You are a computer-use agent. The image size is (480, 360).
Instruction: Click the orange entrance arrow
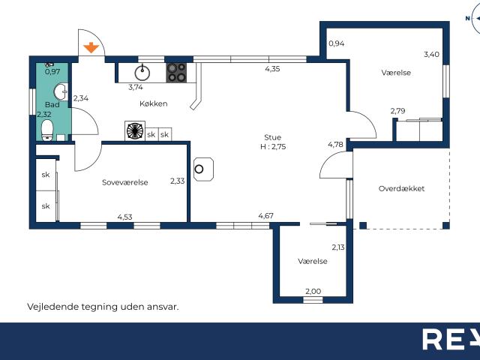click(91, 49)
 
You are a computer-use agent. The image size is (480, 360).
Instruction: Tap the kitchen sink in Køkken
click(142, 72)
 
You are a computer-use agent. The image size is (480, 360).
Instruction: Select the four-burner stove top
click(177, 72)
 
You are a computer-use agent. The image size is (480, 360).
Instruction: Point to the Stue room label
click(272, 136)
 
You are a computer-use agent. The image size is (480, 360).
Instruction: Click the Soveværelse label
click(124, 182)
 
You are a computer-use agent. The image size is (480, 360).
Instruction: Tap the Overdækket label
click(401, 188)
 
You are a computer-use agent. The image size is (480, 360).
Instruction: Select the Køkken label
click(153, 103)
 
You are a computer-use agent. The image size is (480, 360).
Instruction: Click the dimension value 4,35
click(273, 69)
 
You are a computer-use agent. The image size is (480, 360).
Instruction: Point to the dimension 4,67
click(265, 216)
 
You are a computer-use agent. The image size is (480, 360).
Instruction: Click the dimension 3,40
click(431, 54)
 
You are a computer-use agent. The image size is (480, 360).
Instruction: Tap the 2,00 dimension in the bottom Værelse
click(312, 291)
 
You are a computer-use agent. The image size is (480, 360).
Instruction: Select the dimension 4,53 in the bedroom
click(125, 217)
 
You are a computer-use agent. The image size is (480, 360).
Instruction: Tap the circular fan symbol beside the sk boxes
click(134, 131)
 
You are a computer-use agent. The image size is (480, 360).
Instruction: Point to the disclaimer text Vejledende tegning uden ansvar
click(103, 307)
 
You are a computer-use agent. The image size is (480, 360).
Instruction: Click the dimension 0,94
click(337, 43)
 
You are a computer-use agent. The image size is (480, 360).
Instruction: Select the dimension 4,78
click(335, 144)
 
